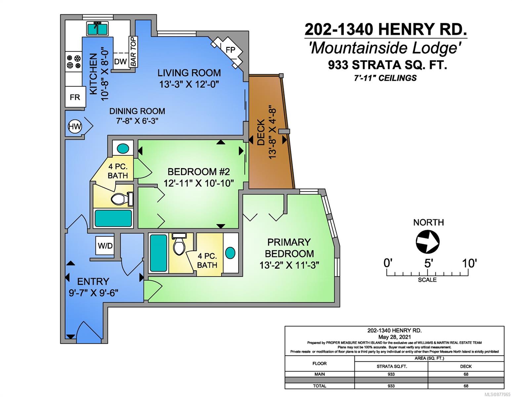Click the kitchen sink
click(x=97, y=28)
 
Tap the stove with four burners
click(x=73, y=62)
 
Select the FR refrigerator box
click(x=75, y=97)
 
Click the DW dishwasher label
click(x=120, y=62)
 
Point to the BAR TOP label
click(x=133, y=52)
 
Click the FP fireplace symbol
click(x=230, y=50)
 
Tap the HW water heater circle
click(x=75, y=126)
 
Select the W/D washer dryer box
click(x=105, y=246)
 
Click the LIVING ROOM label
click(x=189, y=73)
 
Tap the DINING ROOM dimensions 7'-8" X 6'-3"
click(x=137, y=121)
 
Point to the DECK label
click(x=261, y=132)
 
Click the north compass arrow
click(x=427, y=242)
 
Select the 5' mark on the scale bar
click(x=428, y=263)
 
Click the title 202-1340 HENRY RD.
click(x=385, y=30)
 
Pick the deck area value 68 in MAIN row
click(x=466, y=374)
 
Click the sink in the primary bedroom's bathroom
click(x=230, y=252)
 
